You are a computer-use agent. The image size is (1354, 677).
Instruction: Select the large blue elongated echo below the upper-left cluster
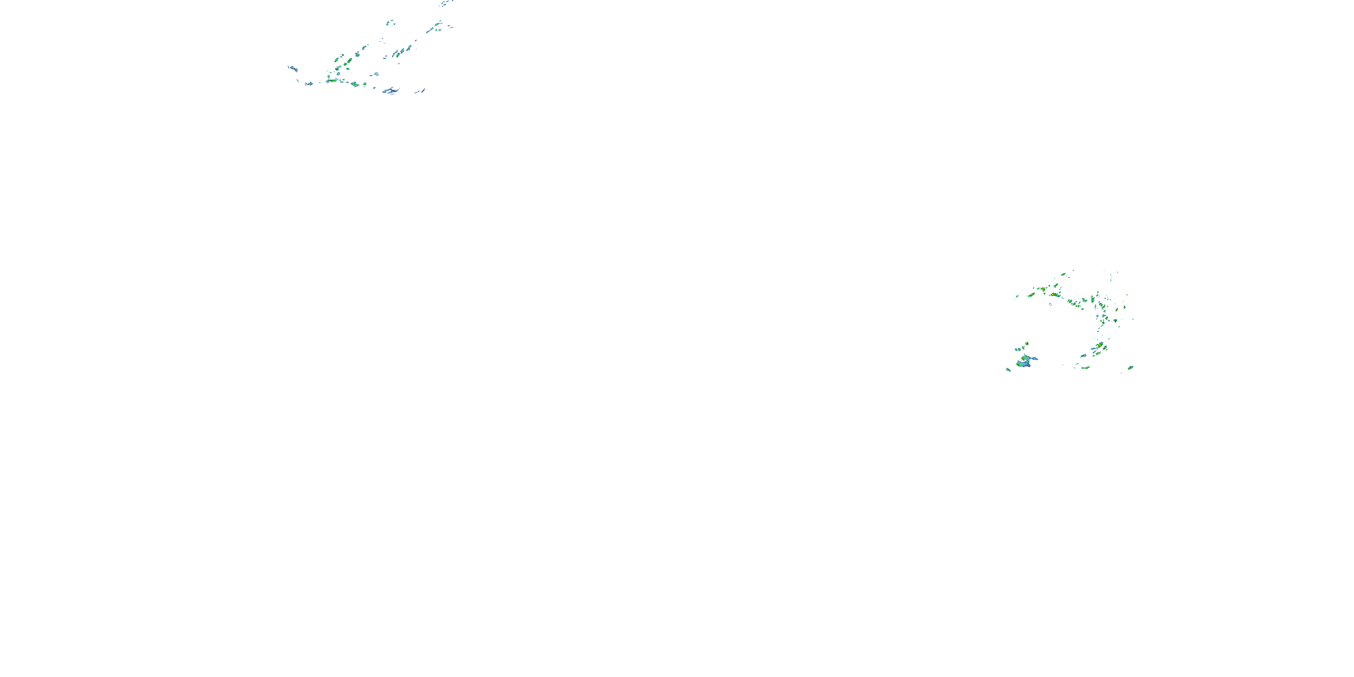tap(390, 91)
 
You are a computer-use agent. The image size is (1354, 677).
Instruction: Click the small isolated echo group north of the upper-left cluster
tap(390, 23)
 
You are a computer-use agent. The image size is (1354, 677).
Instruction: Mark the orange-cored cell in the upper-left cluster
tap(347, 62)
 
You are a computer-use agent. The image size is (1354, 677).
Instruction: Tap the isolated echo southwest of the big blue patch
tap(1008, 370)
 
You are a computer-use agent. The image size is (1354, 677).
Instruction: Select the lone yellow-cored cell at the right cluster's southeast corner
tap(1131, 367)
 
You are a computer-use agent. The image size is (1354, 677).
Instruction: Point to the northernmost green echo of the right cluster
tap(1064, 274)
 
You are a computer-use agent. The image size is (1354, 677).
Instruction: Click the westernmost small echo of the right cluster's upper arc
tap(1017, 296)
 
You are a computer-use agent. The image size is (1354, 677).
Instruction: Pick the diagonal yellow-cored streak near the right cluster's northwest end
tap(1031, 294)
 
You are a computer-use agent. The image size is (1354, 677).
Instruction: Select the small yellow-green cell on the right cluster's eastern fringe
tap(1124, 307)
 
